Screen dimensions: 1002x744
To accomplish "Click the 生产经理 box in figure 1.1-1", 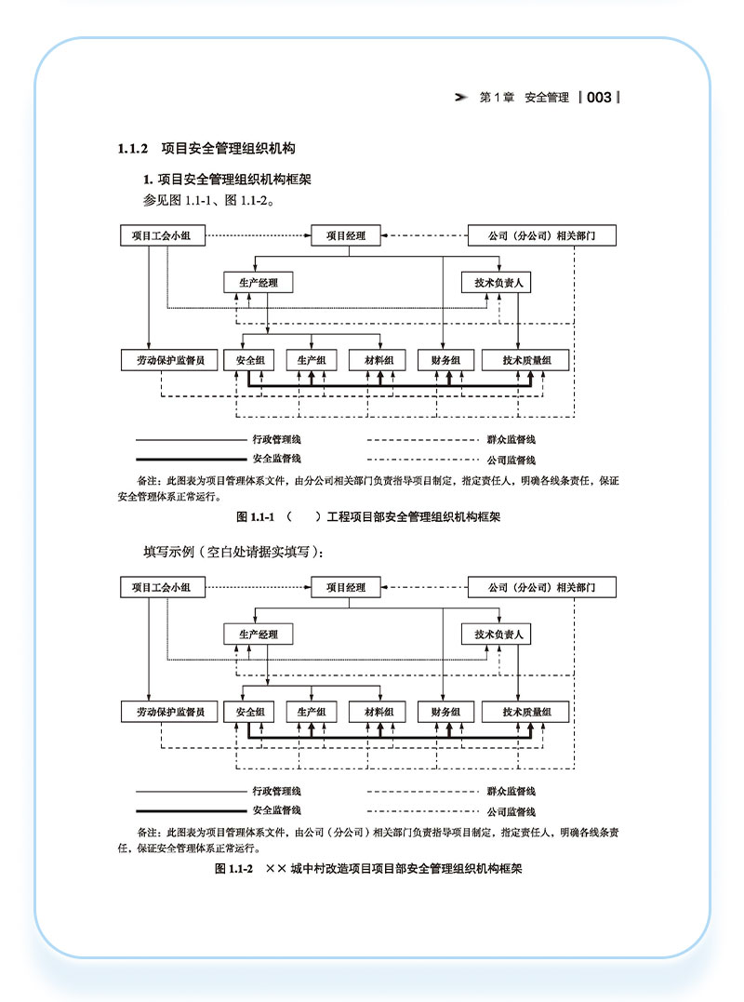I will pyautogui.click(x=259, y=282).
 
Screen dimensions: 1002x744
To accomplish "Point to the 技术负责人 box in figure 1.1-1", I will pyautogui.click(x=501, y=282).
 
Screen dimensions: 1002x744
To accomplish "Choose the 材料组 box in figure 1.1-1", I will pyautogui.click(x=379, y=360).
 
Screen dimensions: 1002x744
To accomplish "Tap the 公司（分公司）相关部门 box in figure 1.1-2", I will pyautogui.click(x=540, y=587).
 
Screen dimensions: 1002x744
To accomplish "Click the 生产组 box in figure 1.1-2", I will pyautogui.click(x=312, y=712).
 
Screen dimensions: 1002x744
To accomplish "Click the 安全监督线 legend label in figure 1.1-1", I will pyautogui.click(x=276, y=459).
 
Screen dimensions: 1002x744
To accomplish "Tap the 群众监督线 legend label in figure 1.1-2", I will pyautogui.click(x=511, y=792).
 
